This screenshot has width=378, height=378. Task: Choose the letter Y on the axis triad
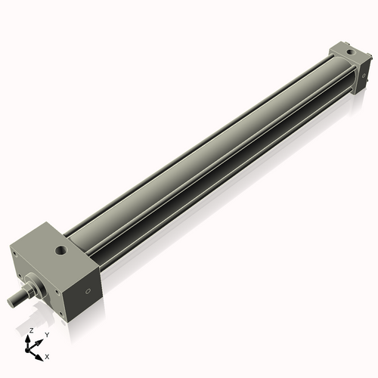coord(47,333)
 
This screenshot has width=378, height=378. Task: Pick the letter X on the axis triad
coord(47,355)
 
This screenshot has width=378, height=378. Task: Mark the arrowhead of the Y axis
coord(41,338)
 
